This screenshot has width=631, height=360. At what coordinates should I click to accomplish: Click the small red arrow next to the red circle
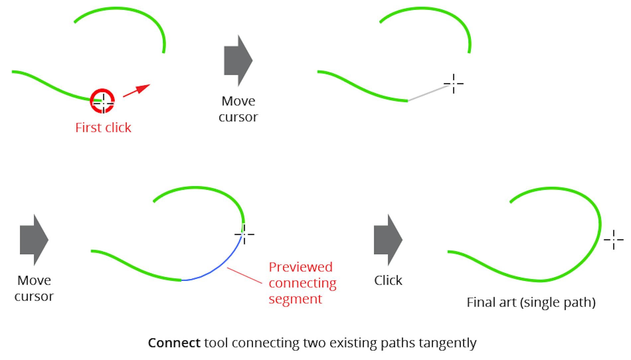click(136, 90)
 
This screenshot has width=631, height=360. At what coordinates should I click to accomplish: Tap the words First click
click(103, 128)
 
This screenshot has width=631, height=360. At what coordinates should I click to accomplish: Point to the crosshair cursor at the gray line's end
click(453, 84)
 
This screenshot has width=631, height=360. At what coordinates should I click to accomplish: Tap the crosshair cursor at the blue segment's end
click(244, 234)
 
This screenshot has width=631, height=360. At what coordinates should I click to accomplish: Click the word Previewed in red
click(301, 267)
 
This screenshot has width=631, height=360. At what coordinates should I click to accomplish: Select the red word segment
click(295, 299)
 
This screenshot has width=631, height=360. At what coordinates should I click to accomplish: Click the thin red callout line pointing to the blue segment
click(244, 275)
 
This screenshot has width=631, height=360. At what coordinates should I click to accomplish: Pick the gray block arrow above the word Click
click(388, 240)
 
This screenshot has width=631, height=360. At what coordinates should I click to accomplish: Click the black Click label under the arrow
click(388, 281)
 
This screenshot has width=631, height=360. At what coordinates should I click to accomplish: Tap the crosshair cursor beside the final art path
click(613, 239)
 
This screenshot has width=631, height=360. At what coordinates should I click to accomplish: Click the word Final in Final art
click(479, 303)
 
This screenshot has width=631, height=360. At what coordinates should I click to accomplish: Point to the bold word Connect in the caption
click(174, 343)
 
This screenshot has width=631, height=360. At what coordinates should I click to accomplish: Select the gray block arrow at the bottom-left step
click(34, 240)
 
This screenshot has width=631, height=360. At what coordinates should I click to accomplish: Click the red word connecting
click(303, 283)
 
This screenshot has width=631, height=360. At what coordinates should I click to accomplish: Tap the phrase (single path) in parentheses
click(558, 303)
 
